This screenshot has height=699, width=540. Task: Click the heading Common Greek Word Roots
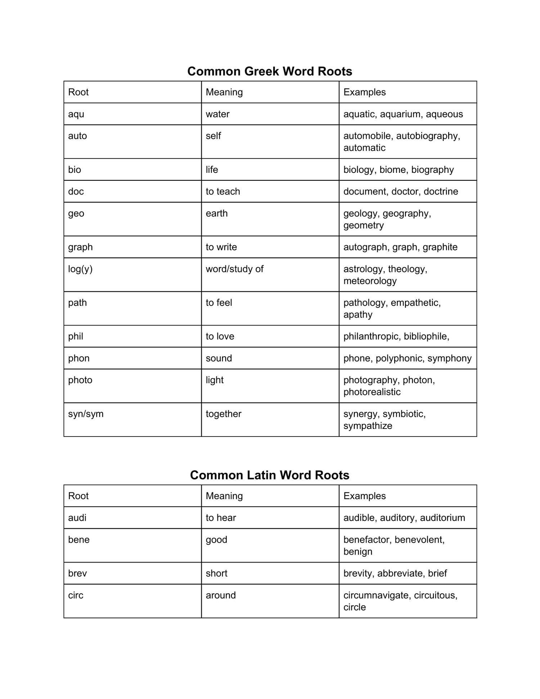tap(270, 71)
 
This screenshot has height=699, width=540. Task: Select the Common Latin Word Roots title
tap(270, 475)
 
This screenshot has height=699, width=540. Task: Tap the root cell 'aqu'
tap(76, 114)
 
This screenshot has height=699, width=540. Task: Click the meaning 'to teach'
tap(223, 191)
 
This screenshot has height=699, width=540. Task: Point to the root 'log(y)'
tap(80, 269)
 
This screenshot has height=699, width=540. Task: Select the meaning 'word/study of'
tap(234, 269)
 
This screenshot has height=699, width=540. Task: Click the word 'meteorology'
tap(370, 281)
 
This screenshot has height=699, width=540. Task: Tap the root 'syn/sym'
tap(86, 414)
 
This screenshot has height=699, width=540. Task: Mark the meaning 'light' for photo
tap(215, 380)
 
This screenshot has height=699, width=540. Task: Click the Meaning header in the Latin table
tap(224, 496)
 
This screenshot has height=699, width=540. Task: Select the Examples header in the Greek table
tap(364, 92)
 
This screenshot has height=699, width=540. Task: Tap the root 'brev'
tap(77, 573)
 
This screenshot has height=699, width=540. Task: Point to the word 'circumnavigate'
tap(376, 595)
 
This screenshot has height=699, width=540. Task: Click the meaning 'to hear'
tap(221, 518)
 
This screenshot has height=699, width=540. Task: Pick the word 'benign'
tap(357, 552)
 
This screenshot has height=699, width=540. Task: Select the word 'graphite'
tap(440, 247)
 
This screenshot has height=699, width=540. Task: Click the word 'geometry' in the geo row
tap(363, 225)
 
